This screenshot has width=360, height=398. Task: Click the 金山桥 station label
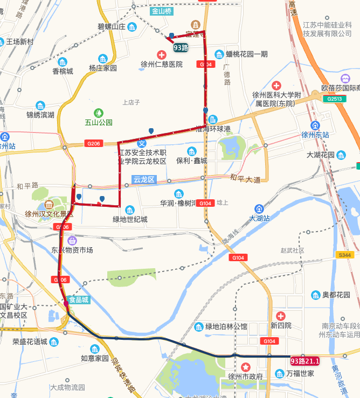click(x=162, y=11)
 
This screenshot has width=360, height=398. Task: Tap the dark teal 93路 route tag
click(x=181, y=47)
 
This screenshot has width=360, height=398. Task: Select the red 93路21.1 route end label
click(x=305, y=361)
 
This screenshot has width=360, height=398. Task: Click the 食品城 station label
click(x=79, y=301)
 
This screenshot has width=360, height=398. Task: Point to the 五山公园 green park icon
click(x=99, y=113)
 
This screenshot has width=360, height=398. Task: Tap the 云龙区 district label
click(x=144, y=180)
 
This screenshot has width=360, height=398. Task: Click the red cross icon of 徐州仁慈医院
click(x=161, y=54)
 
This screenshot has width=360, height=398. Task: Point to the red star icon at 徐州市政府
click(x=245, y=366)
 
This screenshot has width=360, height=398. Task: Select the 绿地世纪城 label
click(x=129, y=219)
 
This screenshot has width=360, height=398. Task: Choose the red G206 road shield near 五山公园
click(x=93, y=143)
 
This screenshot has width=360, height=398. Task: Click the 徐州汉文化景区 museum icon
click(x=49, y=204)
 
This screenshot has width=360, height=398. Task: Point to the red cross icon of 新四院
click(x=280, y=316)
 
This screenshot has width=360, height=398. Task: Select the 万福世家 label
click(x=300, y=373)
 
